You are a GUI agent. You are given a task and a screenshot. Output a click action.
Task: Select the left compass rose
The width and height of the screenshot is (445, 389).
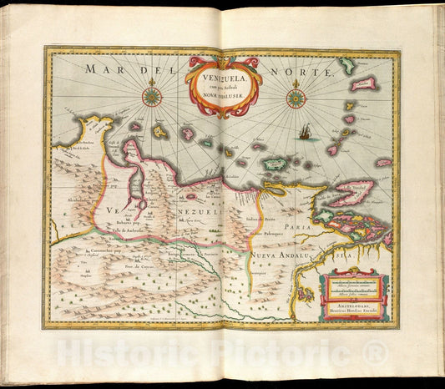[151, 96]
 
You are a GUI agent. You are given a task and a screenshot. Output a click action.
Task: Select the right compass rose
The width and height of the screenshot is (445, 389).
[296, 98]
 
